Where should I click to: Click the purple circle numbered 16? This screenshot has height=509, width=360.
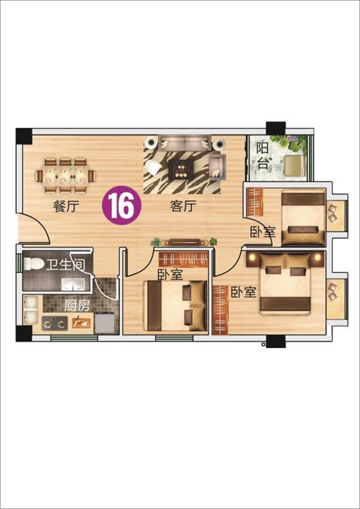coord(122,205)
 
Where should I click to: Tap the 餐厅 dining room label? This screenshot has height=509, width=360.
coord(66,206)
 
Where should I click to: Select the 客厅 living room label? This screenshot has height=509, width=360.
coord(183,206)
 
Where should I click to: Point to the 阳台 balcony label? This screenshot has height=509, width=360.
coord(263,156)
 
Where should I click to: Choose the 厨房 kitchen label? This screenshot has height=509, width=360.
coord(77,306)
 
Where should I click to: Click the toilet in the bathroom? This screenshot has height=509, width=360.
coord(34,264)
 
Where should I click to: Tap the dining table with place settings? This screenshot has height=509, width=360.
coord(66,176)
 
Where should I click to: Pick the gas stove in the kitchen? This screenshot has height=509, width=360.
coord(55,323)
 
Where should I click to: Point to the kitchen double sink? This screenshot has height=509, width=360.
coord(31,310)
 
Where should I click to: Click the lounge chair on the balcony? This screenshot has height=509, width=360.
coord(295,165)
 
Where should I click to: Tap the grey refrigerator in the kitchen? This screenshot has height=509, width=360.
coord(104,323)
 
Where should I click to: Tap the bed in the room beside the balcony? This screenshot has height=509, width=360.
coord(303,217)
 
